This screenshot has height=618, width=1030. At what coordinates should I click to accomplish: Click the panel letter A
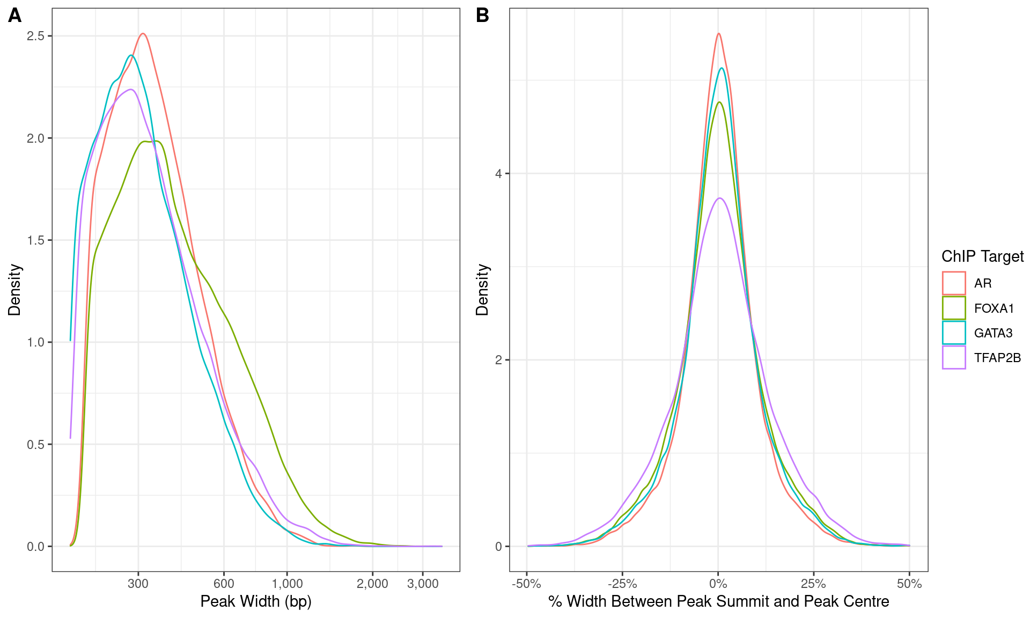(x=14, y=16)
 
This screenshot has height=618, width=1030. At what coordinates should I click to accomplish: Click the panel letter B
(x=482, y=16)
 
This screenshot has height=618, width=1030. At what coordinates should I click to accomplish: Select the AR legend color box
(x=953, y=283)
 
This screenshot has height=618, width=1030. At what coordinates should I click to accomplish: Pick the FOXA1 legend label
(x=994, y=308)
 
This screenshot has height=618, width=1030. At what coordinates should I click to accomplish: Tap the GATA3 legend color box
(x=953, y=333)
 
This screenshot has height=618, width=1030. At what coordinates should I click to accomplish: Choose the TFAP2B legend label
(x=997, y=358)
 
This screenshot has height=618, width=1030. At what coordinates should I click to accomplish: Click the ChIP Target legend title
(x=982, y=256)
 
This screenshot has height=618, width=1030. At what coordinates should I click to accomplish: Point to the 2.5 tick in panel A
(x=36, y=36)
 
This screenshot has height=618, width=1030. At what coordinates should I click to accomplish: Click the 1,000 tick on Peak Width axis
(x=287, y=584)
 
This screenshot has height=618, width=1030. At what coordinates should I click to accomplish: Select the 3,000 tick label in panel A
(x=423, y=584)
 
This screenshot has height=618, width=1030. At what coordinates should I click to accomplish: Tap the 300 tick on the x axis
(x=138, y=584)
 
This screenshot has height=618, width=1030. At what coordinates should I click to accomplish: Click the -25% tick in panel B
(x=622, y=584)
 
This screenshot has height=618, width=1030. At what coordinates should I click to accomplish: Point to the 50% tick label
(x=909, y=584)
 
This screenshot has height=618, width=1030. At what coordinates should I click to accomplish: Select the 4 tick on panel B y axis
(x=498, y=174)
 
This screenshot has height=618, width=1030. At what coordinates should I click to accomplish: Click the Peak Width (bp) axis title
(x=256, y=601)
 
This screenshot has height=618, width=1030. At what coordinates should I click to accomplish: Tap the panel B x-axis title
(x=718, y=601)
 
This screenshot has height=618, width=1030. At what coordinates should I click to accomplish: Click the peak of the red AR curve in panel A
(x=143, y=34)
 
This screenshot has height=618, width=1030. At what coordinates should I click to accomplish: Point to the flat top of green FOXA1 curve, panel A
(x=150, y=142)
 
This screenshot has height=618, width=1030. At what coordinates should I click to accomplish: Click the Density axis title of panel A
(x=14, y=290)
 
